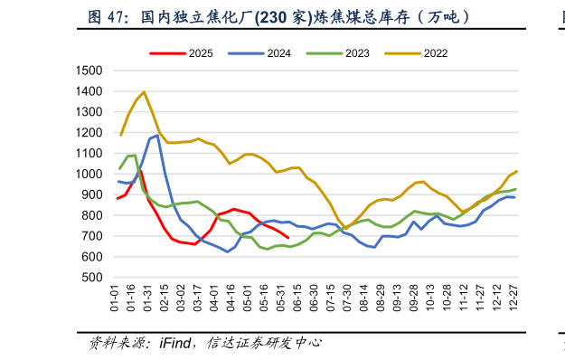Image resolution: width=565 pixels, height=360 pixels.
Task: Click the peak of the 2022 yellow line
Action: (x=144, y=92)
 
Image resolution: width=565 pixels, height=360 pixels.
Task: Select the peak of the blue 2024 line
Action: (x=157, y=136)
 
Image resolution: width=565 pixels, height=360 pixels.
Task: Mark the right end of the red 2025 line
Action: (x=287, y=239)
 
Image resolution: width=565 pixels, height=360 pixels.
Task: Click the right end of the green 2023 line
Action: (x=515, y=189)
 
